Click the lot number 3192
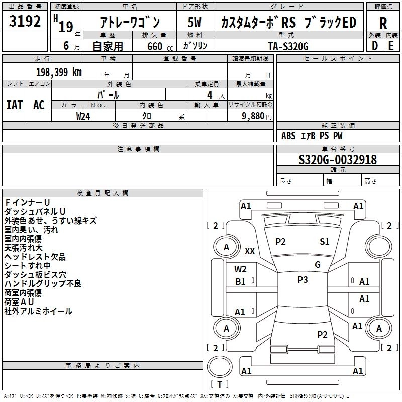[25, 22]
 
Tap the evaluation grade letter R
[383, 23]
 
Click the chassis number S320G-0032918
[337, 160]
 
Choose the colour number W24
[83, 116]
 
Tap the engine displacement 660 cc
[154, 46]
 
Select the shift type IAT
[14, 105]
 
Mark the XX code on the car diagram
[250, 251]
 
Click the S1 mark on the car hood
[325, 242]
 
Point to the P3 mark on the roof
[303, 280]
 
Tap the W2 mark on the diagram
[241, 269]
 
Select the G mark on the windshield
[318, 265]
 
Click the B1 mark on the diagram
[241, 282]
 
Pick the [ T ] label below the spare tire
[220, 384]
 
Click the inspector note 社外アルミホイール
[38, 311]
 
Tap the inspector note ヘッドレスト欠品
[35, 257]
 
